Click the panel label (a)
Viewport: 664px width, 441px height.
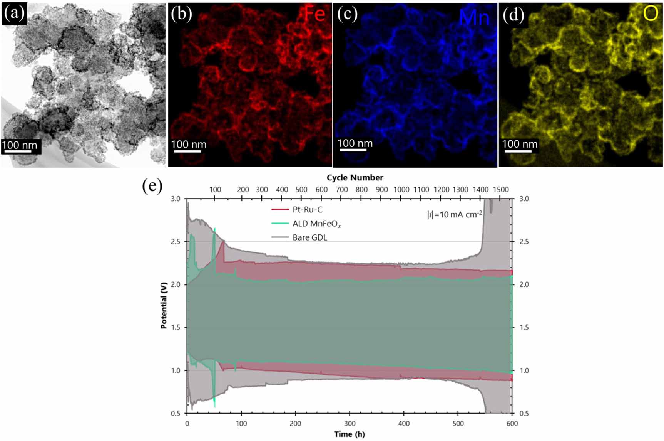click(14, 13)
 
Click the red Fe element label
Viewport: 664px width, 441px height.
click(314, 14)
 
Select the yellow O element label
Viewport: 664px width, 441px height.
click(651, 14)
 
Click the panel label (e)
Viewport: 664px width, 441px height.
click(152, 186)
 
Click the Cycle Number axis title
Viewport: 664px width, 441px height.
click(355, 178)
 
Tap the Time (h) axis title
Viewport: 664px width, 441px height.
click(349, 434)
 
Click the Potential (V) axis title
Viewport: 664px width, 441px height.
click(164, 306)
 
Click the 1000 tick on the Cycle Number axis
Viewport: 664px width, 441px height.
click(401, 190)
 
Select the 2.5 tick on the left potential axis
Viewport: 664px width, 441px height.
click(176, 242)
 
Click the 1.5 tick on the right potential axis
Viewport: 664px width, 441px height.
click(524, 328)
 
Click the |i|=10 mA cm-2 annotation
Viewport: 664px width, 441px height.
click(454, 214)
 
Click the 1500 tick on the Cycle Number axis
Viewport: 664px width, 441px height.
click(501, 190)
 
